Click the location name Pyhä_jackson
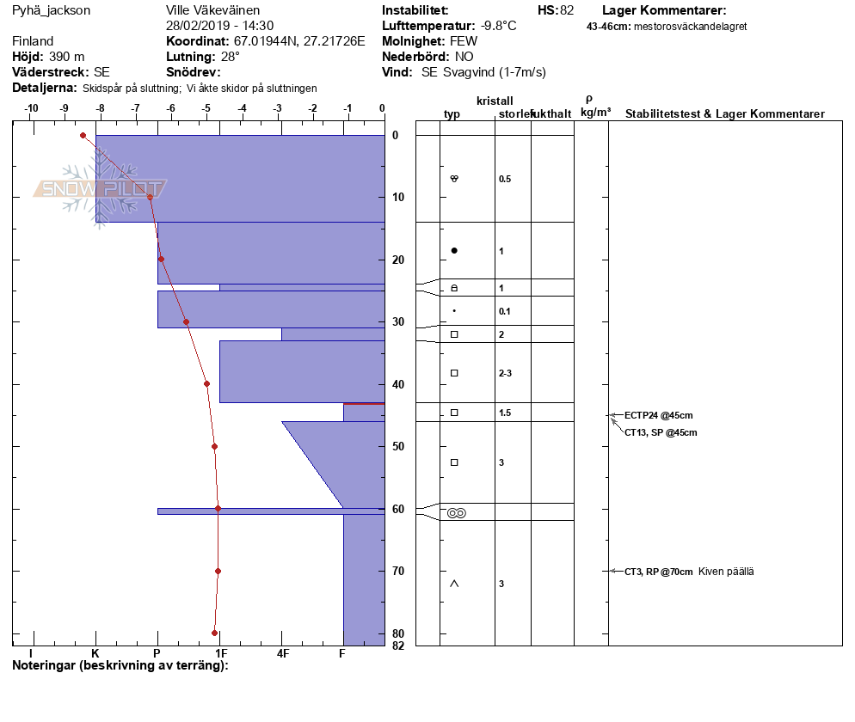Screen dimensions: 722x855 coord(51,11)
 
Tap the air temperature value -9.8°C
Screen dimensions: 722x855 coord(498,26)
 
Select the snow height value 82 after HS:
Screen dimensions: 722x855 coord(566,11)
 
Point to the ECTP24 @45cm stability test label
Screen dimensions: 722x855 coord(658,415)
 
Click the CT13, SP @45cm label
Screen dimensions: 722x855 coord(661,432)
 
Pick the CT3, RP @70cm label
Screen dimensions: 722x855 coord(658,572)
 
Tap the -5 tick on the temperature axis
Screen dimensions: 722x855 coord(206,109)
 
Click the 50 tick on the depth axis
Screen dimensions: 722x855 coord(399,446)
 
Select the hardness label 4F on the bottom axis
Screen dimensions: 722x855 coord(282,653)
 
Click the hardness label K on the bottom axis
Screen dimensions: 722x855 coord(95,653)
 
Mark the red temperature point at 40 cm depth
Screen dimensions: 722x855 coord(206,383)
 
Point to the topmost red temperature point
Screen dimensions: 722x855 coord(83,135)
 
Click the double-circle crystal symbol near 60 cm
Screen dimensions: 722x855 coord(456,513)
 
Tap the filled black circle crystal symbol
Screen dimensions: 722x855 coord(454,251)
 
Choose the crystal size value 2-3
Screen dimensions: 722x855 coord(505,373)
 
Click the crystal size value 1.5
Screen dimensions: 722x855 coord(505,413)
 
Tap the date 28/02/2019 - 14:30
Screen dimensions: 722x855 coord(219,26)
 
